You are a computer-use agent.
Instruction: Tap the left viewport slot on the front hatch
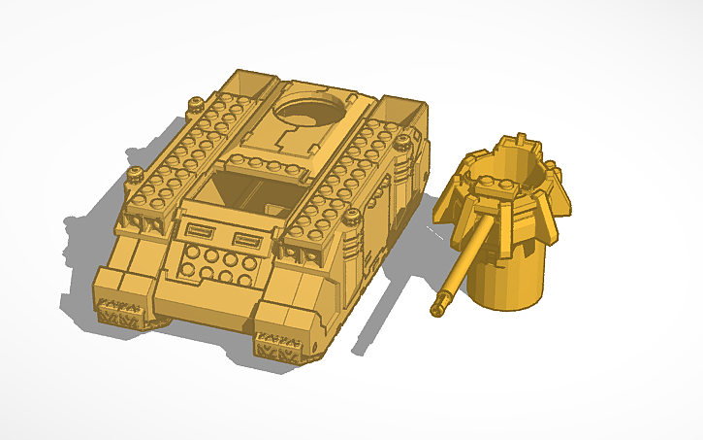pyautogui.click(x=200, y=231)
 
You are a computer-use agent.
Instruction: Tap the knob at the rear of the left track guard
pyautogui.click(x=197, y=100)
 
